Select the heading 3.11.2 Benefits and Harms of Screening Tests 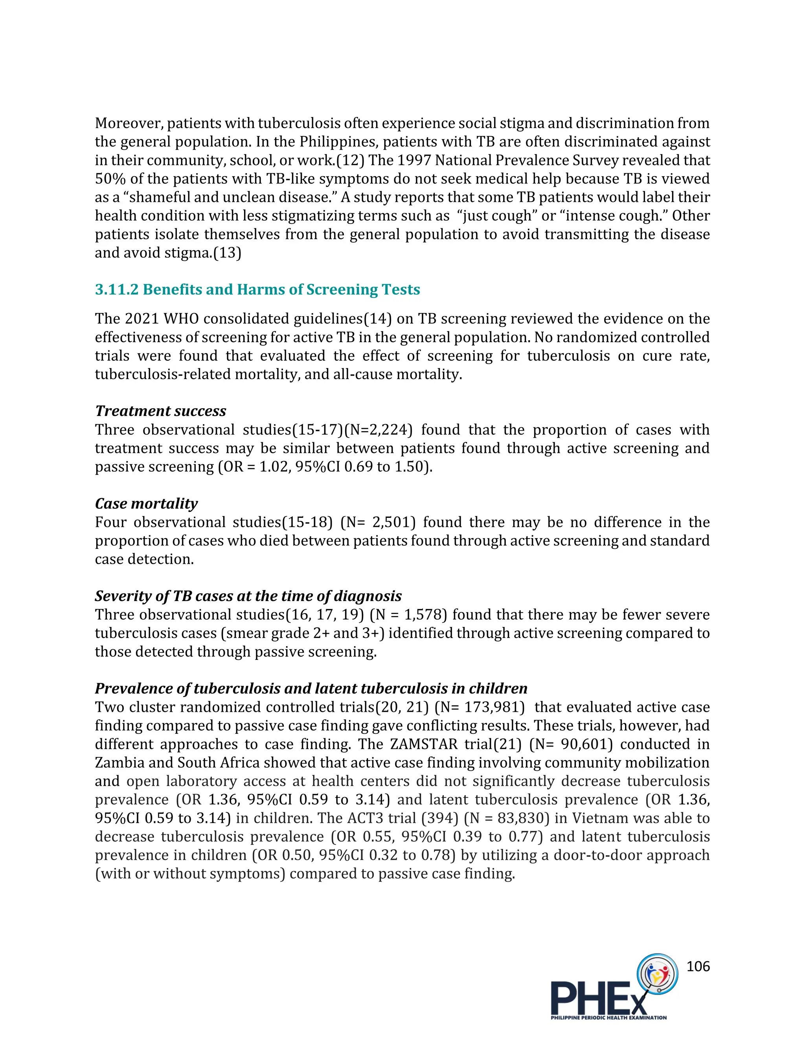(x=257, y=290)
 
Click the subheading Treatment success (x=160, y=411)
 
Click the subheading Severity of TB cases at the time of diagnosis (x=248, y=596)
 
